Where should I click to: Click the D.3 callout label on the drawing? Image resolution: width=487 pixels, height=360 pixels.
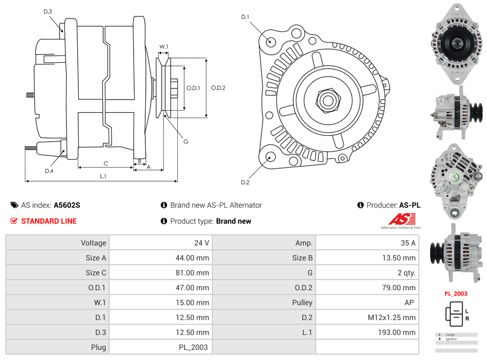[48, 11]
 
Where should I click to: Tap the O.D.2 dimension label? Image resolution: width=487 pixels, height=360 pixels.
[218, 88]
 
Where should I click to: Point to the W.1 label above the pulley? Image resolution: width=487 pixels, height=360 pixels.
[164, 47]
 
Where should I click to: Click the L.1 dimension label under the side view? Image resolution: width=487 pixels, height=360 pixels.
[103, 176]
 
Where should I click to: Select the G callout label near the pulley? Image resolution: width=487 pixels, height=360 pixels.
[186, 142]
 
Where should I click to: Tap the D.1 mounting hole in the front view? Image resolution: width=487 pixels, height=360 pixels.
[270, 42]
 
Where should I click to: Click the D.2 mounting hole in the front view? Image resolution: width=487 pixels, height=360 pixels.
[270, 157]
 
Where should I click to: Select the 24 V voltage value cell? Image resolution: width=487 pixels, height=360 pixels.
[201, 243]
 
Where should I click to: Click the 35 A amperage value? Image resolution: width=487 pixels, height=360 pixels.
[408, 243]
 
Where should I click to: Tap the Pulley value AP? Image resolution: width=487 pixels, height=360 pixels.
[409, 302]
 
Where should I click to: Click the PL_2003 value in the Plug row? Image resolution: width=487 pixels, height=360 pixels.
[194, 347]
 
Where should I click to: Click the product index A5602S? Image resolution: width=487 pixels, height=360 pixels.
[67, 205]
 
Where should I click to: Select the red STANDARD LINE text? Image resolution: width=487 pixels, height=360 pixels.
[49, 221]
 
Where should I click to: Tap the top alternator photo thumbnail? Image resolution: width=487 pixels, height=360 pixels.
[456, 43]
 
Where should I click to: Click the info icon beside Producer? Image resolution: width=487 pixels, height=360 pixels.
[360, 205]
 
